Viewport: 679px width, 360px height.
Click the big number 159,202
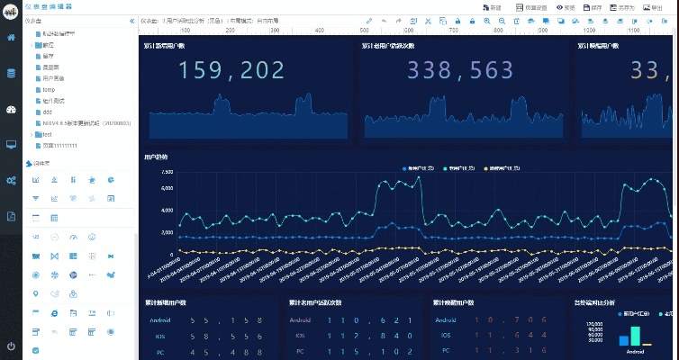[x=232, y=70]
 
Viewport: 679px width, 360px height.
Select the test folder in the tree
[x=47, y=134]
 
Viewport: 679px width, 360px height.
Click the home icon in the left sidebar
[x=11, y=38]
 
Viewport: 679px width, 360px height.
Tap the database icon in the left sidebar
[x=11, y=73]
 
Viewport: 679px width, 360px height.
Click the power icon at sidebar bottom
[x=11, y=346]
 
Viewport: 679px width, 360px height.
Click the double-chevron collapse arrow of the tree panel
[x=132, y=21]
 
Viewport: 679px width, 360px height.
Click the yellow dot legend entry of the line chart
[x=505, y=168]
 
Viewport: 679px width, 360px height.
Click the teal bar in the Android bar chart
[x=636, y=336]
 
